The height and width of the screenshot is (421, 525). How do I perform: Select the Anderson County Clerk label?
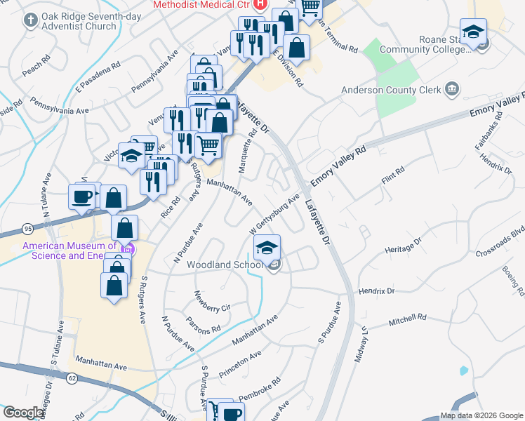pyautogui.click(x=390, y=90)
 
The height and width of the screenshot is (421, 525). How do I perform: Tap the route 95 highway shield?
pyautogui.click(x=27, y=229)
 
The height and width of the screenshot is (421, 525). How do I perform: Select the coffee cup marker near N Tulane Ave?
pyautogui.click(x=81, y=196)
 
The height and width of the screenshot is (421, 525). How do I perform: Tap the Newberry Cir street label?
pyautogui.click(x=212, y=300)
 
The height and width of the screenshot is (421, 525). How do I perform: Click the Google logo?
pyautogui.click(x=23, y=413)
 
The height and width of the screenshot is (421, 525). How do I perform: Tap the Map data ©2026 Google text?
pyautogui.click(x=481, y=415)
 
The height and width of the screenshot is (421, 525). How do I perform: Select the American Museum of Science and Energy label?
pyautogui.click(x=70, y=250)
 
